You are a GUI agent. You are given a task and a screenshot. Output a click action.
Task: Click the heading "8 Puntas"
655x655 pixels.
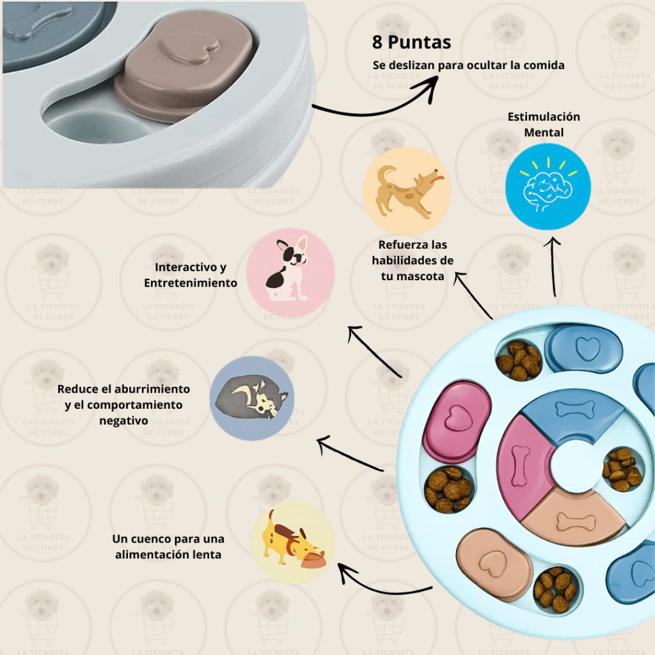pyautogui.click(x=411, y=43)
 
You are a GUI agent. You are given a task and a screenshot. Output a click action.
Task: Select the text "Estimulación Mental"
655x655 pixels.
pyautogui.click(x=544, y=124)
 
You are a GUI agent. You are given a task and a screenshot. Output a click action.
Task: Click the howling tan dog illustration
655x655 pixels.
pyautogui.click(x=407, y=191)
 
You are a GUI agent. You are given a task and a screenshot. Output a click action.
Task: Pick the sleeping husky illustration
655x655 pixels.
pyautogui.click(x=252, y=398)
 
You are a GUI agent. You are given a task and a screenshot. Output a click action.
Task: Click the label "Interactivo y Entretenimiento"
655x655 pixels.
pyautogui.click(x=191, y=275)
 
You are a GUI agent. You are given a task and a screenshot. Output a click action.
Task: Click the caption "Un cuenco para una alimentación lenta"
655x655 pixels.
pyautogui.click(x=168, y=546)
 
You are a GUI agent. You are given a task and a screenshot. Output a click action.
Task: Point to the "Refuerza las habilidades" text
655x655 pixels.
pyautogui.click(x=413, y=260)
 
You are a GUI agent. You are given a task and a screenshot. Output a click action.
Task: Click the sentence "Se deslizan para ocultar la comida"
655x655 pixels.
pyautogui.click(x=468, y=65)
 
